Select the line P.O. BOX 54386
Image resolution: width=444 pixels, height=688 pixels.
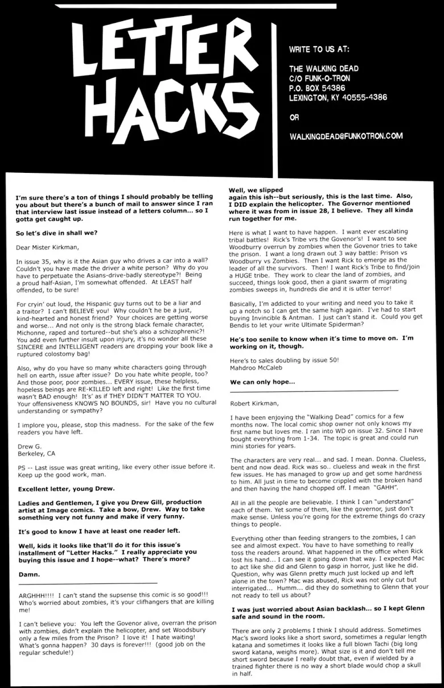pyautogui.click(x=317, y=88)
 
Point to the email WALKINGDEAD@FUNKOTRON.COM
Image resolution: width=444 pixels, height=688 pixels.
pyautogui.click(x=346, y=136)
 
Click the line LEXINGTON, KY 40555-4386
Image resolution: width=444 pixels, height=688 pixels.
pyautogui.click(x=338, y=98)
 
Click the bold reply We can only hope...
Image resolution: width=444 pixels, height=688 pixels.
pyautogui.click(x=262, y=382)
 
